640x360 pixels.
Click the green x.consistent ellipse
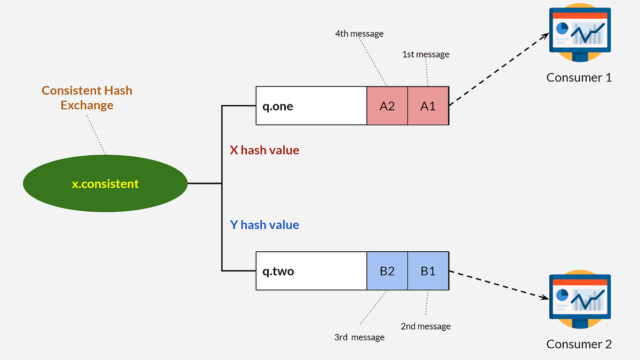pos(105,184)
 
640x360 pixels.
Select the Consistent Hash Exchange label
pos(87,98)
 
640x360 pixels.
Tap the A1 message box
pos(428,106)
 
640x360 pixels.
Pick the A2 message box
pos(387,106)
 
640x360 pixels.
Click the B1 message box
pos(428,271)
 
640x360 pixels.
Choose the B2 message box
pos(387,271)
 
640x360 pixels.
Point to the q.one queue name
pos(277,106)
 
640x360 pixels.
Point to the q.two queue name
pos(278,271)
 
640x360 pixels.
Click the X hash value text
pos(264,150)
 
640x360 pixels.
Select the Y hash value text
pos(264,225)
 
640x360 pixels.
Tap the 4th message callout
pos(359,34)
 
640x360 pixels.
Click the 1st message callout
pos(426,54)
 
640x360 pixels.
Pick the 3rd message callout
pos(359,337)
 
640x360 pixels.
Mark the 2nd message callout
pos(426,326)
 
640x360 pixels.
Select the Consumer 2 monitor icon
pos(579,300)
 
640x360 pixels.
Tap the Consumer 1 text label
pos(579,77)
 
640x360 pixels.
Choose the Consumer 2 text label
pos(579,344)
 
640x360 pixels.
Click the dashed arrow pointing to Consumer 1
pos(499,69)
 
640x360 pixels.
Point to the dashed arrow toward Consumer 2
pos(499,285)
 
